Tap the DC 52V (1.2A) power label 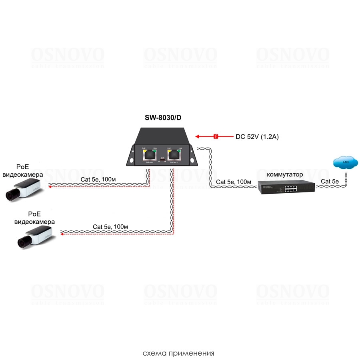[x=257, y=137]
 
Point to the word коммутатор [x=285, y=175]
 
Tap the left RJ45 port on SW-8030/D [x=149, y=155]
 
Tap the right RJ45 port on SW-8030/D [x=174, y=155]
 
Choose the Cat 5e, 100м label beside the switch [x=233, y=182]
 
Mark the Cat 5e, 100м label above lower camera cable [x=110, y=227]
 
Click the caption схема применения [x=178, y=354]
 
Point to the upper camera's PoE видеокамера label [x=23, y=171]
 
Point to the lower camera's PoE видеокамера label [x=34, y=218]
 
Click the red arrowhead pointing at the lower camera [x=62, y=234]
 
